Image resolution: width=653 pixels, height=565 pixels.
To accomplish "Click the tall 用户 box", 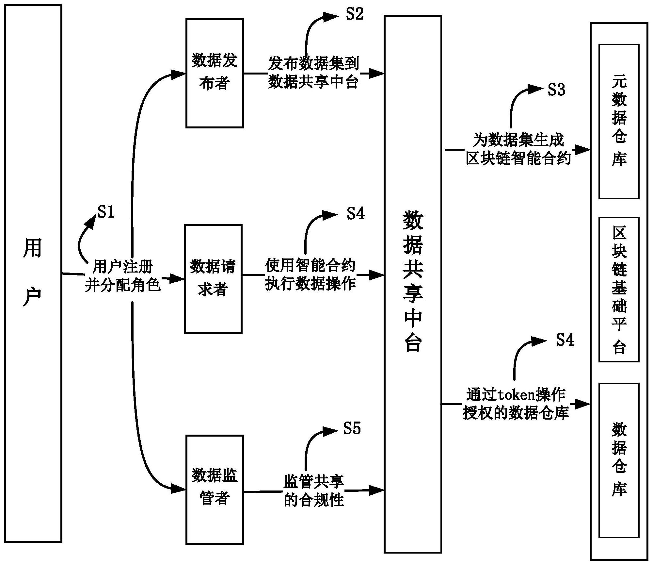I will coord(33,273).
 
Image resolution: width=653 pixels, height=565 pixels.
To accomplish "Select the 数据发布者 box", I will coord(215,73).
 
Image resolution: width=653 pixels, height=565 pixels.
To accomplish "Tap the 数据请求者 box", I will coord(213,279).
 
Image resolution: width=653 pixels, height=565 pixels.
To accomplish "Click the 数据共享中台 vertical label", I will coord(413,281).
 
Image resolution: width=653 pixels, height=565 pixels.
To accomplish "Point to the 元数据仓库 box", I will coord(618,122).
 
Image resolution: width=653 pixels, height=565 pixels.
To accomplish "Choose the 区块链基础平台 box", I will coord(618,290).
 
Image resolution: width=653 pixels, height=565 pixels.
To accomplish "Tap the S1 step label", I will coord(106,212).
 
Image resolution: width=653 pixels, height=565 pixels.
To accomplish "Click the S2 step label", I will coord(355,14).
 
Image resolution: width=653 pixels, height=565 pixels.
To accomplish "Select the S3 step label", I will coord(556,90).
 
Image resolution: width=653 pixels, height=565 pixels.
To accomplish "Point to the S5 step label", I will coord(352,428).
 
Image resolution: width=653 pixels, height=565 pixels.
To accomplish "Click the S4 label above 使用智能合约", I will coord(355,214).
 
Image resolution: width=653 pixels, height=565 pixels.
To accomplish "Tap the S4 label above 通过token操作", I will coord(565,340).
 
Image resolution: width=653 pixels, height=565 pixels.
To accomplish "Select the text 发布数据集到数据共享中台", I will coord(313,73).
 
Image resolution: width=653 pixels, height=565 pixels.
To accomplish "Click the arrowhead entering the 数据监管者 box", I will coord(179,489).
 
